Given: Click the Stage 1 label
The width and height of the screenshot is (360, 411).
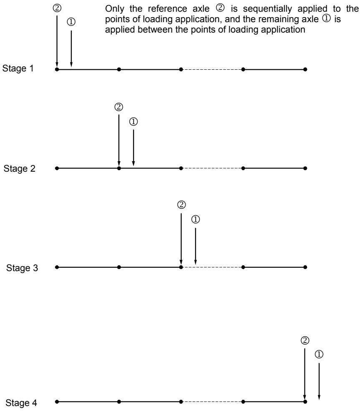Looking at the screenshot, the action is pos(18,68).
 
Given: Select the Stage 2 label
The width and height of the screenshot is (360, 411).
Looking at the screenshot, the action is pos(19,168).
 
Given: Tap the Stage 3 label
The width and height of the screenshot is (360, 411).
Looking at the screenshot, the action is pos(22,268).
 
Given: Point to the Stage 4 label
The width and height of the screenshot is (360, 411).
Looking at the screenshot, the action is pos(21,403).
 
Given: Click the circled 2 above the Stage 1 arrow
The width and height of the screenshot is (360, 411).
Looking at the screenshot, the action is pos(57,8).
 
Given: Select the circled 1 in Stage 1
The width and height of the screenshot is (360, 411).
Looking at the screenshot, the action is pos(71,22).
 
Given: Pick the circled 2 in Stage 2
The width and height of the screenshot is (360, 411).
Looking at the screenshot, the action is pos(119,107).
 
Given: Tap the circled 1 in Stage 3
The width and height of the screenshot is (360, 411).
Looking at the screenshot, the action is pos(196,219).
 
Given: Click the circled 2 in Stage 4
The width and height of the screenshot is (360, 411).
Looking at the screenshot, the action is pos(305,340).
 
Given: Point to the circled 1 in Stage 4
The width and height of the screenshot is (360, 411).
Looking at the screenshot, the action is pos(319,354).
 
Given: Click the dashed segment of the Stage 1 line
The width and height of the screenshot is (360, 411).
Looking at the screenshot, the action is pos(212,69).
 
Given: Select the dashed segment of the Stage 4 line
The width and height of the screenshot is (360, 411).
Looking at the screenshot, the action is pos(212,401).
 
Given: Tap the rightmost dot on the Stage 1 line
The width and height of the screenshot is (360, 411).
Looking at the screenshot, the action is pos(305,69).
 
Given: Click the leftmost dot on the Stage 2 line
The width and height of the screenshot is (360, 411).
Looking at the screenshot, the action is pos(57,168).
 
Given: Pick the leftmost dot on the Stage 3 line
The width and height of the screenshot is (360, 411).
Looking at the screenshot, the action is pos(57,267).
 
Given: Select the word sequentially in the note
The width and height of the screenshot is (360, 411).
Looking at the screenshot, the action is pos(267,9).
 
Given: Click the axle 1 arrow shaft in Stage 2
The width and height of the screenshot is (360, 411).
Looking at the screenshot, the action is pos(133,148).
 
